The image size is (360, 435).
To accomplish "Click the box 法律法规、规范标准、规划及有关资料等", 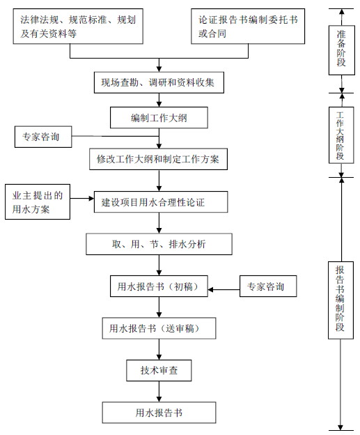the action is point(78,26).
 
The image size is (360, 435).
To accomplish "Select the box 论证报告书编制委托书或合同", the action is point(248,26).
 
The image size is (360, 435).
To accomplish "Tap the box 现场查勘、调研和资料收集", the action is point(159,82).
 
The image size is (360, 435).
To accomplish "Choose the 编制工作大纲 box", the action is point(159,118).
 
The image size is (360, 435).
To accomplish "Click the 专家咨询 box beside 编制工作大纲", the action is point(43,137).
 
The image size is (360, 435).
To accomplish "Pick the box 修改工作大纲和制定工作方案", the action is point(158,159).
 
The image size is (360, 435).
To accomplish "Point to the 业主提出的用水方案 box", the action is point(38,201).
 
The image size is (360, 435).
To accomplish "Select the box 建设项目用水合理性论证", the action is point(161,202).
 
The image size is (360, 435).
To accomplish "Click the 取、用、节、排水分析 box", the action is point(159,244).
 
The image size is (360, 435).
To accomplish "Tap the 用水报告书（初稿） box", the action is point(159,287).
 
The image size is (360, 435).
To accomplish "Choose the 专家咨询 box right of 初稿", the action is point(268,287).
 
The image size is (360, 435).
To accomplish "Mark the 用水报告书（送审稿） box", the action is point(159,328).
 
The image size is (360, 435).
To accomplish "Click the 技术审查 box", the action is point(159,370).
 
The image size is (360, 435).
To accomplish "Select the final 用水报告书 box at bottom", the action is point(159,413).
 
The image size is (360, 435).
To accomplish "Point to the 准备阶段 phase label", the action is point(342,50).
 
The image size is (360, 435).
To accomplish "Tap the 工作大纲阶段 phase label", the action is point(341,135).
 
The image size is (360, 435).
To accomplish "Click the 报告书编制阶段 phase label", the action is point(341,300).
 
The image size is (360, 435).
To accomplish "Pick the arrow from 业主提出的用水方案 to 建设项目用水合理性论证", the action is point(82,199).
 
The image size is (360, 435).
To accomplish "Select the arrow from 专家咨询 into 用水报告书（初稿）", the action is point(224,289).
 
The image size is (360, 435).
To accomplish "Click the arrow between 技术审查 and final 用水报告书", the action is point(159,392).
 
